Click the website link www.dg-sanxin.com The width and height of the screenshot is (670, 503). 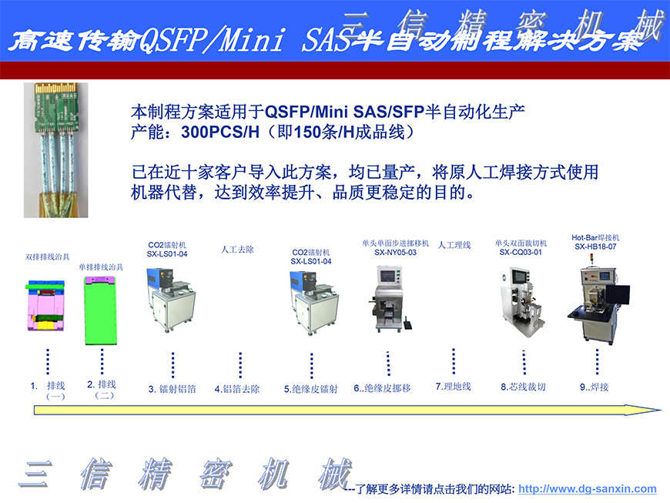[x=588, y=488]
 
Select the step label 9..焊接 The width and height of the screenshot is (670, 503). [x=594, y=387]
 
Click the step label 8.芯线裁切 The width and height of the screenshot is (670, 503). [x=523, y=387]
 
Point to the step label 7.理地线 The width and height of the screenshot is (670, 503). [x=453, y=386]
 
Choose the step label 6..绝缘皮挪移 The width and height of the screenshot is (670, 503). [x=382, y=388]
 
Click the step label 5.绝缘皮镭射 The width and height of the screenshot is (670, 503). [x=310, y=389]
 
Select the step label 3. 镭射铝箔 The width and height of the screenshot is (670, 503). [x=172, y=389]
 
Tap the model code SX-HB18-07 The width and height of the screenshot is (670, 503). [x=595, y=246]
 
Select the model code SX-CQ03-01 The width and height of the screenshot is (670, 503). [x=521, y=252]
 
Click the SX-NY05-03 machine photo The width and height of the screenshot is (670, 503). [x=390, y=299]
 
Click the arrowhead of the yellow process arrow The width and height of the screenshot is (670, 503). [x=651, y=410]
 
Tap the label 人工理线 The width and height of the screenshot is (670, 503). [x=454, y=245]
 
